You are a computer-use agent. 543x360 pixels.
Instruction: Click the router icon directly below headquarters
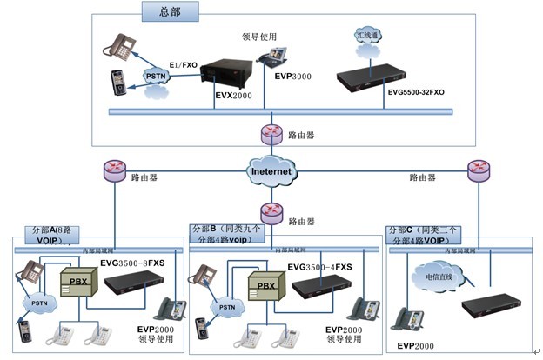point(272,134)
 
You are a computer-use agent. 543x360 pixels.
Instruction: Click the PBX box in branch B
point(265,284)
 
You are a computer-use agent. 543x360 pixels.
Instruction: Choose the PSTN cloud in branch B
point(227,306)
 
